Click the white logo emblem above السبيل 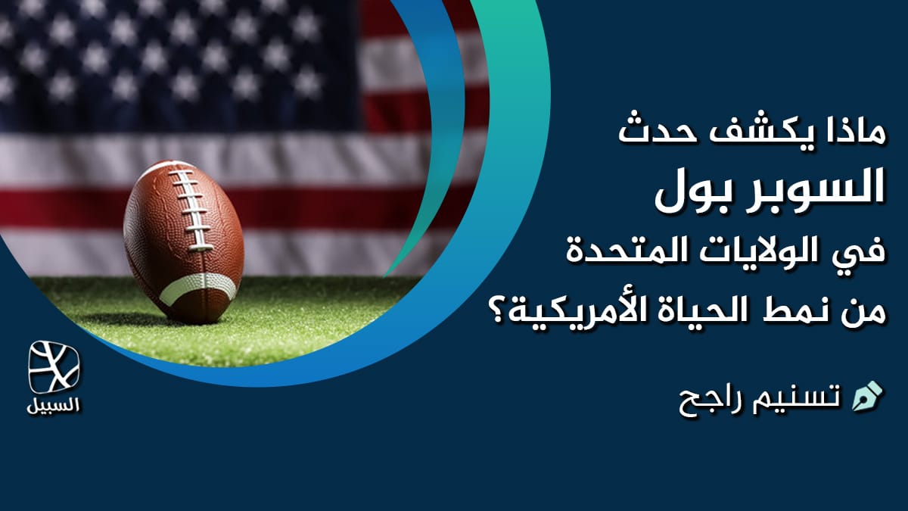coord(54,367)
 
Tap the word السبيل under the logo coord(54,405)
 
